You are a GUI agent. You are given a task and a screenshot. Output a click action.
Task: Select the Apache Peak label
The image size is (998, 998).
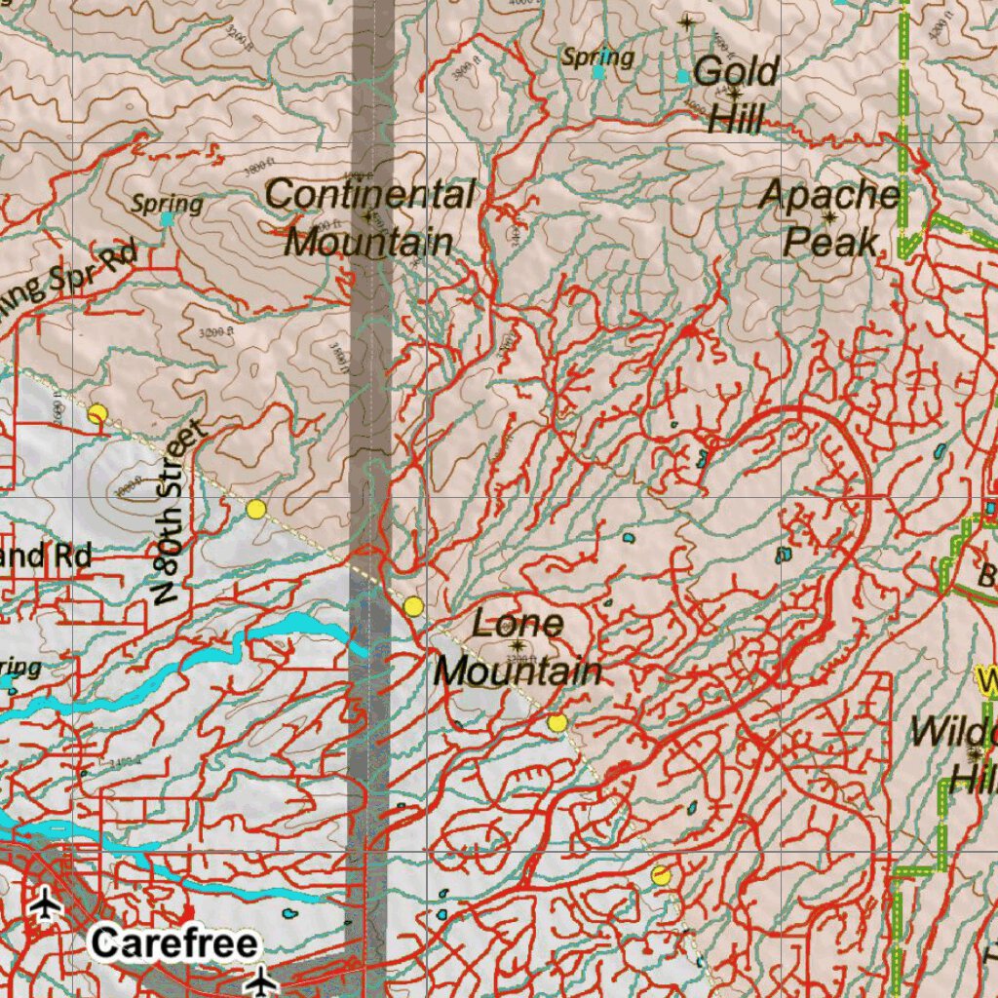830,217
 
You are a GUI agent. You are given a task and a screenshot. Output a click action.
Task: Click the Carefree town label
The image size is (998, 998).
175,942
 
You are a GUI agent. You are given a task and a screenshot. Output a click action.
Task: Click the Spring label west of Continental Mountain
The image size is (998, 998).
167,204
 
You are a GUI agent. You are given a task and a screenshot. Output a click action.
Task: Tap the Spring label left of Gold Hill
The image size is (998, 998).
597,57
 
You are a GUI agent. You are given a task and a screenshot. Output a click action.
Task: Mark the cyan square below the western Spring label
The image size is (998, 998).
167,220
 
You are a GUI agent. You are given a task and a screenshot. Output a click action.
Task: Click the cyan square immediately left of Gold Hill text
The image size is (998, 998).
682,75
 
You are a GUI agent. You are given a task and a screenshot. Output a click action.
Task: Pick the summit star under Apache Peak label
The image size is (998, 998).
829,216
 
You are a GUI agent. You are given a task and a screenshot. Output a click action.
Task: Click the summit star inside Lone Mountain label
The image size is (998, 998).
516,644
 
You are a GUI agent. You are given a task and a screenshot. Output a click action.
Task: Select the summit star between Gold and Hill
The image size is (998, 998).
734,94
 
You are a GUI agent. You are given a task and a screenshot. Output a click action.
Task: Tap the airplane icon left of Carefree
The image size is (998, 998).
45,906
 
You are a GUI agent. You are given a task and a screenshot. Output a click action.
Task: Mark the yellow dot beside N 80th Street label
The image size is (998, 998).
255,509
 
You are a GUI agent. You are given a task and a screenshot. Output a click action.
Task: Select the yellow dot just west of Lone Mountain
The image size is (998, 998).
413,606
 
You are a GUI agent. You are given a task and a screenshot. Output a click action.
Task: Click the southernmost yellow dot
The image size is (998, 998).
661,874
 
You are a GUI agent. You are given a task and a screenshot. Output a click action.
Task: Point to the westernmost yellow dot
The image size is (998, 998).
96,413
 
